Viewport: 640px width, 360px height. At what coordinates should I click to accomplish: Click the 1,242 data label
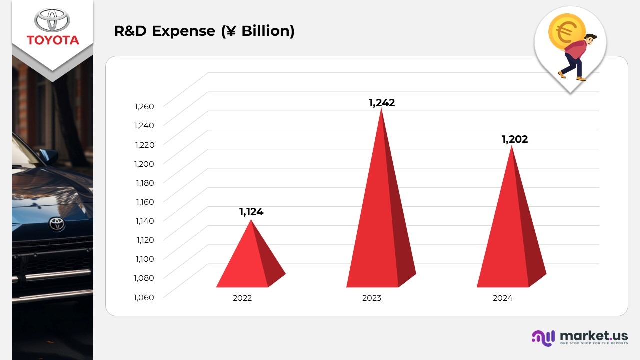point(382,103)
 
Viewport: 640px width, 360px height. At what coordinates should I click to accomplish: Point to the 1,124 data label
point(251,212)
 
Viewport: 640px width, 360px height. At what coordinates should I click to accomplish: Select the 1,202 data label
point(515,139)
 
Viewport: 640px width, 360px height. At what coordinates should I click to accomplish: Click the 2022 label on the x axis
point(242,298)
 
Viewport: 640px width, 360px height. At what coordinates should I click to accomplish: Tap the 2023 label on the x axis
point(372,298)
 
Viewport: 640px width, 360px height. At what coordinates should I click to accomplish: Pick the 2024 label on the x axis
point(502,298)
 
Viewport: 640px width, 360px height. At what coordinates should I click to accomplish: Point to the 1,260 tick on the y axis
point(144,106)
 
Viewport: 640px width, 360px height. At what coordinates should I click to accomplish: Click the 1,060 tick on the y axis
point(144,297)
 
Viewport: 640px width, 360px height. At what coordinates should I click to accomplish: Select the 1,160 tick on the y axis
point(144,202)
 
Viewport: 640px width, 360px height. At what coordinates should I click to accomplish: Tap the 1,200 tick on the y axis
point(144,163)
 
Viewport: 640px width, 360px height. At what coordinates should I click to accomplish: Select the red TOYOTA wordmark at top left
point(53,40)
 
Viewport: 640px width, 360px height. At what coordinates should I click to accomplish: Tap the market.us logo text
point(594,336)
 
